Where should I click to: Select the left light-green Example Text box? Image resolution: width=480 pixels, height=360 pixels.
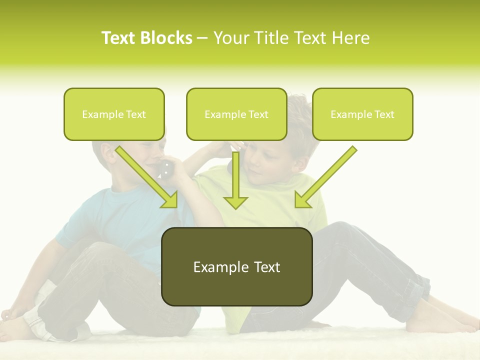click(x=114, y=114)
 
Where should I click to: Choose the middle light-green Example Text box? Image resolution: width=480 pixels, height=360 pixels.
click(x=236, y=114)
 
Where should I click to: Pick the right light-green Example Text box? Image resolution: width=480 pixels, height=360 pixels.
click(x=362, y=114)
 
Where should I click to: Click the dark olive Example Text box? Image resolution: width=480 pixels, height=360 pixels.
click(x=236, y=266)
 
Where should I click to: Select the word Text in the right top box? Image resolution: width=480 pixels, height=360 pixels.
click(x=384, y=114)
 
